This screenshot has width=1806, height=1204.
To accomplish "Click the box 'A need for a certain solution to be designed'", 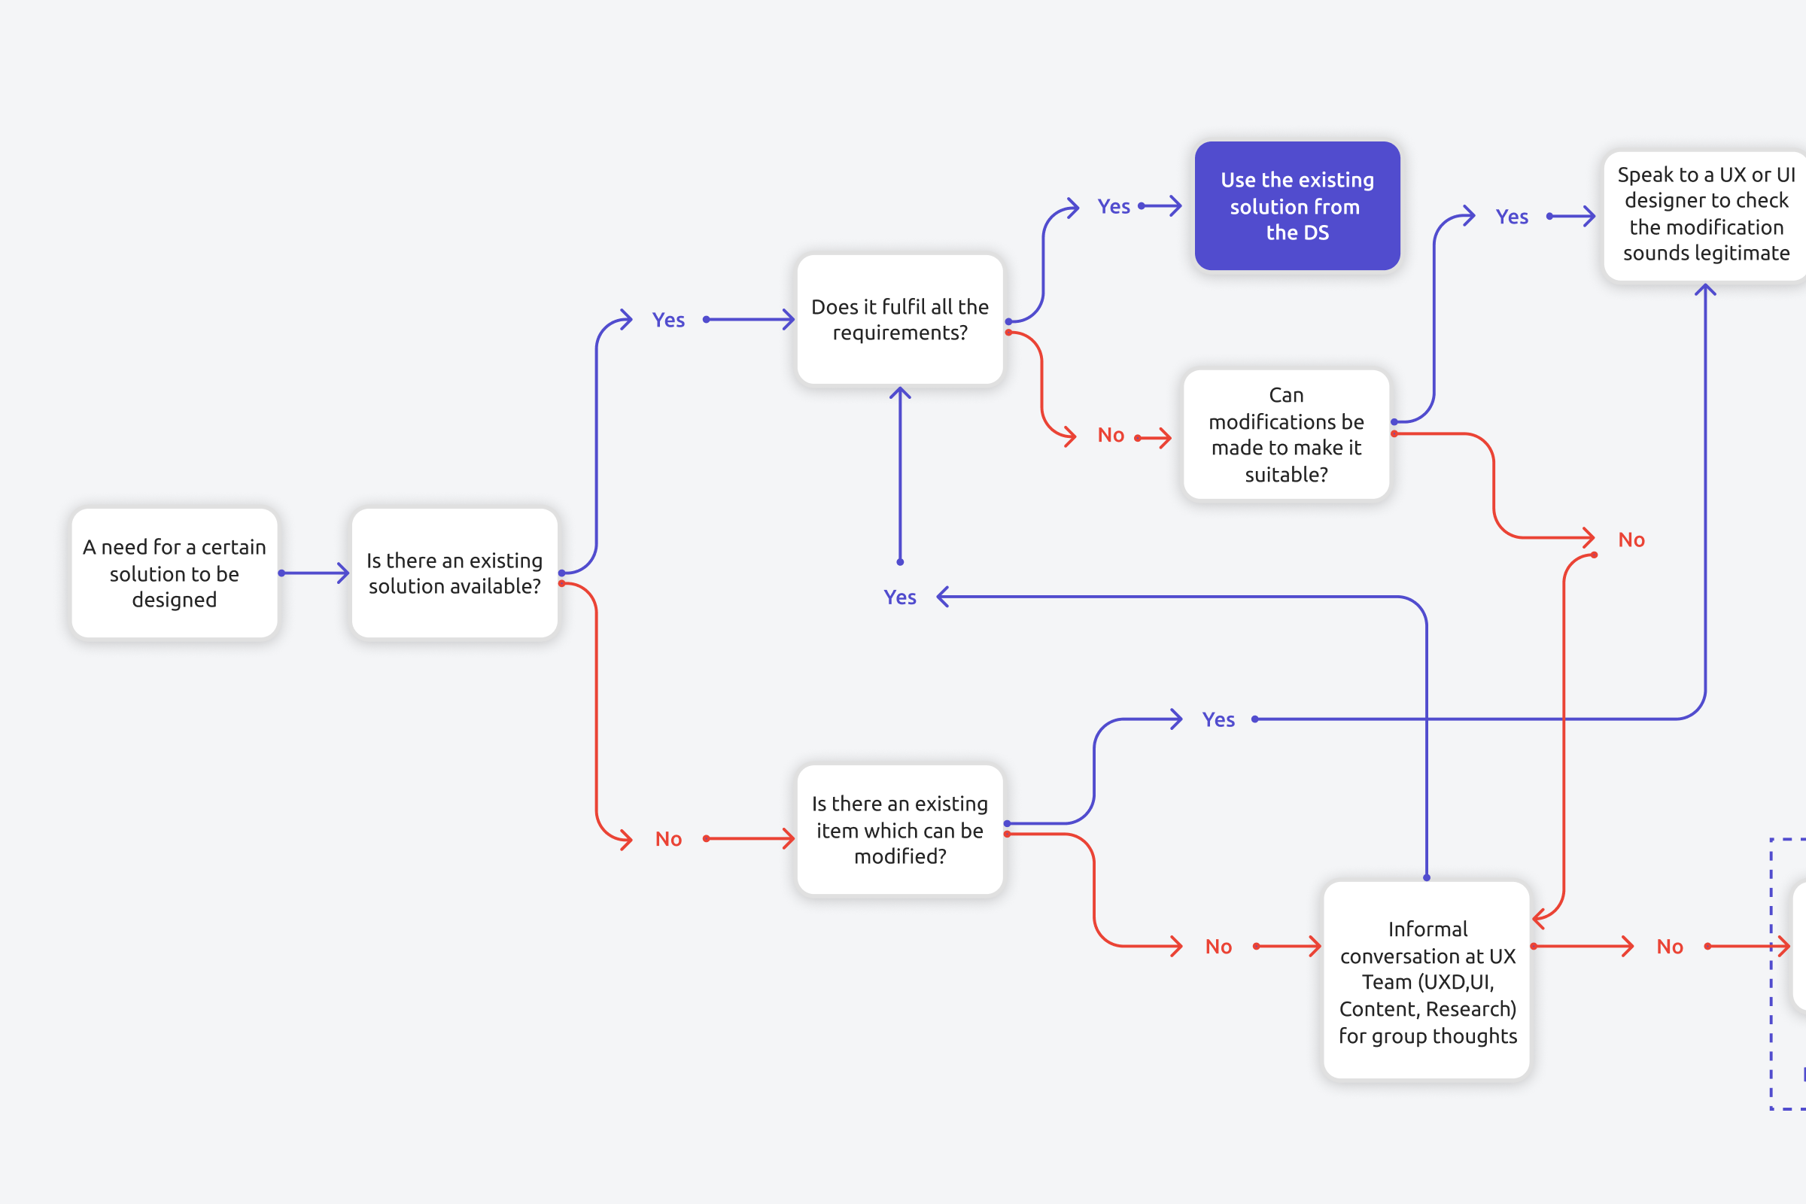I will [175, 573].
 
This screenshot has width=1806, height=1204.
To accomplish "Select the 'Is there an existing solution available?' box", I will [454, 573].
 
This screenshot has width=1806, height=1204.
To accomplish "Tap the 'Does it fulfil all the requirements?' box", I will [900, 319].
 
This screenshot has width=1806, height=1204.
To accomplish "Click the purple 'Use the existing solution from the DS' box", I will [1297, 205].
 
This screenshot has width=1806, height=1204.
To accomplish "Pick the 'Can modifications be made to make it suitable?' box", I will [1286, 435].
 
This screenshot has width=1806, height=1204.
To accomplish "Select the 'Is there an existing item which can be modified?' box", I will [900, 829].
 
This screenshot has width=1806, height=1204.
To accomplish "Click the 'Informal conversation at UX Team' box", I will [1427, 981].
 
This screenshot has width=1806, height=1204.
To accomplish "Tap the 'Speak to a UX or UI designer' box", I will [1704, 215].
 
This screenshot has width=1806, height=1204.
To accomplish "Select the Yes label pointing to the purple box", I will [1114, 206].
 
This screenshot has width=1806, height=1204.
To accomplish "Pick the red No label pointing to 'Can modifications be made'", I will [1111, 436].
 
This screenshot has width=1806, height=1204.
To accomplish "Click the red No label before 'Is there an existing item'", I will [668, 839].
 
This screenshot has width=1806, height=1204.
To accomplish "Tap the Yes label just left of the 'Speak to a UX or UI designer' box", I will [1511, 217].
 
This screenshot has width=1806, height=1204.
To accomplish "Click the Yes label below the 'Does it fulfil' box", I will [899, 597].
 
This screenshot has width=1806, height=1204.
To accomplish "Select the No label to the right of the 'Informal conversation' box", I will [1669, 947].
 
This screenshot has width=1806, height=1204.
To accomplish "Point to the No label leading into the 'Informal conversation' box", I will [1218, 947].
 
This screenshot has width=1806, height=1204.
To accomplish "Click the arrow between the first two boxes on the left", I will [314, 573].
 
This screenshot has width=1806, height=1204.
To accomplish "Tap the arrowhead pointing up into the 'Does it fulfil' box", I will [900, 393].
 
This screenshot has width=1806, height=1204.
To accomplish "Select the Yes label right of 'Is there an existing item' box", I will [1218, 719].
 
